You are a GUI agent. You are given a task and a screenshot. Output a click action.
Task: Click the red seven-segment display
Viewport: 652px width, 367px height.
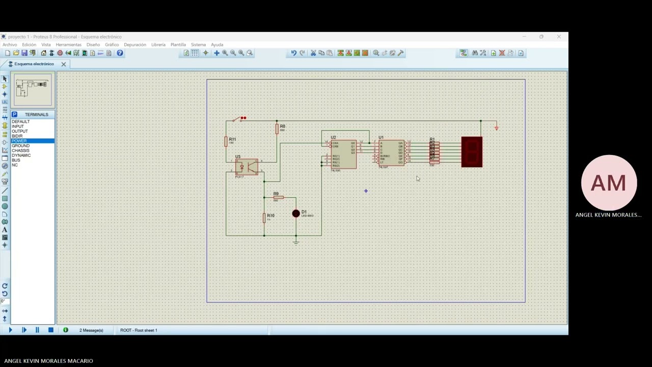click(472, 151)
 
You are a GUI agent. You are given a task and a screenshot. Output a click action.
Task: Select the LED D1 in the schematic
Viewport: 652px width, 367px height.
click(296, 214)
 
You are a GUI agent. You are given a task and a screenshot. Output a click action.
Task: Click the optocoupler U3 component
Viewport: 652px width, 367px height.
click(247, 167)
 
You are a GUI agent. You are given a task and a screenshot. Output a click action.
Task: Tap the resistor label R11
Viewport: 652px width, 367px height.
click(232, 139)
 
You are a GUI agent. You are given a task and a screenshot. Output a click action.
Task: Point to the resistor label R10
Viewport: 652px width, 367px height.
click(270, 216)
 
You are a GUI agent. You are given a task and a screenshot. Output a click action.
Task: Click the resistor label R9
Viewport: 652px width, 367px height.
click(276, 194)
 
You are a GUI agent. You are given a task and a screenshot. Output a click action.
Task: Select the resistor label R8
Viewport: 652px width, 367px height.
click(282, 126)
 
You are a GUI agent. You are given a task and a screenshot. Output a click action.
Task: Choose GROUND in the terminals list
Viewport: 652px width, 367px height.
click(21, 146)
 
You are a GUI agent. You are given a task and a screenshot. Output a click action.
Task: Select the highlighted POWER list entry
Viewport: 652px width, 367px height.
click(19, 141)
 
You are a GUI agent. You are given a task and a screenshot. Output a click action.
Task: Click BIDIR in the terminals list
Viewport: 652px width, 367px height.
click(17, 136)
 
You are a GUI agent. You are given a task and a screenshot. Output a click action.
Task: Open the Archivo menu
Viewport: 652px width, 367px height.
click(10, 45)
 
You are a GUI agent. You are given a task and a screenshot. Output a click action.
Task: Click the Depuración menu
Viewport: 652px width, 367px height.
click(135, 45)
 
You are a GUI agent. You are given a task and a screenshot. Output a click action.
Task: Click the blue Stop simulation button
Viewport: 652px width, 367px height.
click(50, 330)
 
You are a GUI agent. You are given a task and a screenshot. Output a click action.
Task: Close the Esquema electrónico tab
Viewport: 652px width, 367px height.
click(64, 64)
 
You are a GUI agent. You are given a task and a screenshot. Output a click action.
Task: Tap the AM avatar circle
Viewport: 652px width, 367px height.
click(609, 183)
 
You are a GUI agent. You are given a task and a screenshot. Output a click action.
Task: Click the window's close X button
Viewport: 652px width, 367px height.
click(559, 37)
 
